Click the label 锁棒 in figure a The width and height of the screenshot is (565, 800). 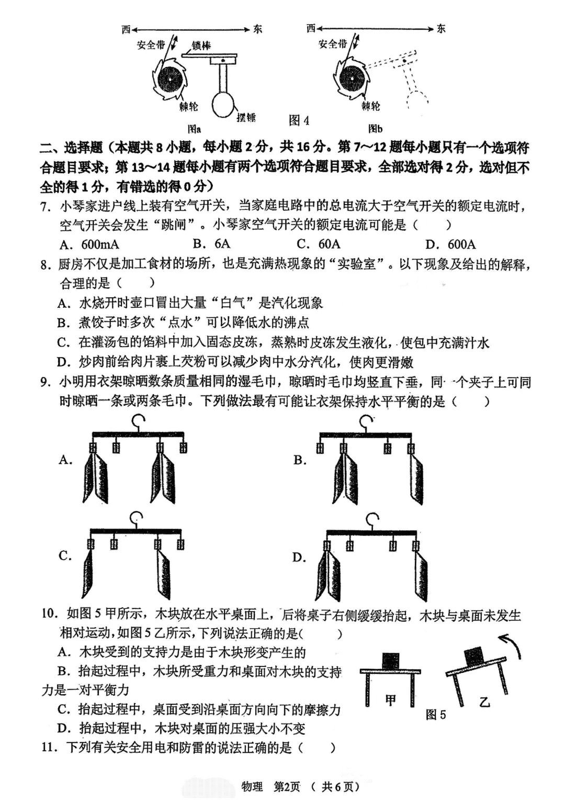coord(201,46)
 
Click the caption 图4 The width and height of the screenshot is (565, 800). coord(299,120)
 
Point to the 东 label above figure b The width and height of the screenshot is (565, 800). coord(441,29)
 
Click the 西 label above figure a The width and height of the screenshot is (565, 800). coord(126,29)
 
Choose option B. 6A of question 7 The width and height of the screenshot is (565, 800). coord(211,243)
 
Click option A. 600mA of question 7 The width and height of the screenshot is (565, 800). coord(89,244)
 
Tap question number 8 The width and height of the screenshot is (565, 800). coord(46,264)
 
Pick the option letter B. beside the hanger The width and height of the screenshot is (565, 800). coord(300,460)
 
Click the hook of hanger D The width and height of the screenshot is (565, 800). coord(372,520)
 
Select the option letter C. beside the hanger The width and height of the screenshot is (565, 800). coord(65,555)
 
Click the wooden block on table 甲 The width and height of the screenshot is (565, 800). coord(390,661)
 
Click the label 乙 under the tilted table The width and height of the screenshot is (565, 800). coord(484,702)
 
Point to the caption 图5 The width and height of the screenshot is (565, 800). coord(436,715)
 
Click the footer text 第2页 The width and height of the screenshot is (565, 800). coord(287,786)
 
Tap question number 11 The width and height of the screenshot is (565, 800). coord(49,748)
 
